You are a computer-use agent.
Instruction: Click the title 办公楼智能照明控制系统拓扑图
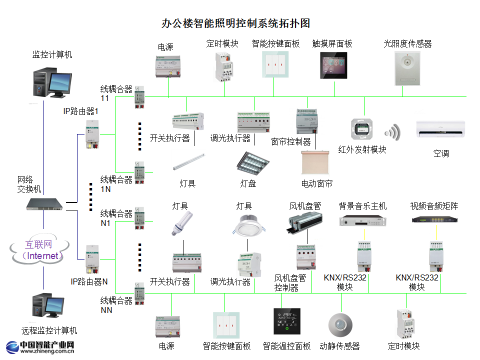(x=236, y=23)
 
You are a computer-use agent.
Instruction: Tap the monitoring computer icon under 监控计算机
(x=52, y=81)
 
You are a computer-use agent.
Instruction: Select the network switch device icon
(x=45, y=203)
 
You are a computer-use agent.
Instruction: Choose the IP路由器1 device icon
(x=92, y=134)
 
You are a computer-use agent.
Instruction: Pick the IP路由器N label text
(x=89, y=281)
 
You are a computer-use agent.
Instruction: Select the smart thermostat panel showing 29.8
(x=287, y=321)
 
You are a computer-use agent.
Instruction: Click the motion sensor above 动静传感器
(x=340, y=324)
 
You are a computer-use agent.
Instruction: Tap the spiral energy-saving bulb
(x=181, y=222)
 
